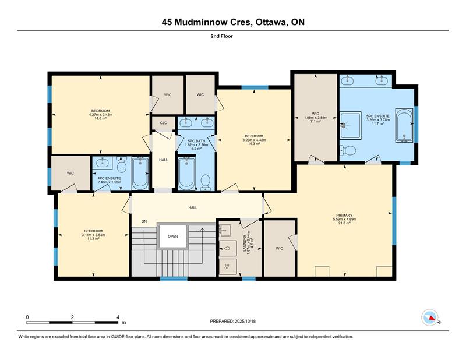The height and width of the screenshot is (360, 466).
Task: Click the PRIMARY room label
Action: coord(344,215)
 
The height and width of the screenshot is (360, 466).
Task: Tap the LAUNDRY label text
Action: coord(245,243)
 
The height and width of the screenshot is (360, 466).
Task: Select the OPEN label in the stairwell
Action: coord(172,237)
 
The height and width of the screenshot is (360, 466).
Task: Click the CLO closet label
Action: coord(164,123)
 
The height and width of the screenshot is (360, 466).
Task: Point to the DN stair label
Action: coord(144,221)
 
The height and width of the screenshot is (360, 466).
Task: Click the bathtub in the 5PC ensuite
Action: coord(404,126)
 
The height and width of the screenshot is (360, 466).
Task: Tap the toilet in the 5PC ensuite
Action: coord(348,150)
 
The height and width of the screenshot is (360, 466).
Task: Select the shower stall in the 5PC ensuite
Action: coord(351,125)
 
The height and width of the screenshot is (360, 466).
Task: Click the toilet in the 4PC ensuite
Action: coord(122,165)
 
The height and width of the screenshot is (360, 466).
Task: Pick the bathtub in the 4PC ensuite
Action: coord(140,174)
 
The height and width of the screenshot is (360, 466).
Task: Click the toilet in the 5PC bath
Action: coord(206,182)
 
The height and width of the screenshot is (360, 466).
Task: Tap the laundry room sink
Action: coord(225,230)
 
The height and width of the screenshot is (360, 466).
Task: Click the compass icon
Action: coord(430,318)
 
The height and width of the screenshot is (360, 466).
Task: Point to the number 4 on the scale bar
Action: coord(118,317)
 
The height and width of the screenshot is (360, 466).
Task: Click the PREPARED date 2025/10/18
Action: coord(245,321)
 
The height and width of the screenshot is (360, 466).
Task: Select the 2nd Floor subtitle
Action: coord(222,36)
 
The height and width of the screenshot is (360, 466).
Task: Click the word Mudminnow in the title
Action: coord(212,22)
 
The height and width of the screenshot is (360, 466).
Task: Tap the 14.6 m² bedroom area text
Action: coord(100,118)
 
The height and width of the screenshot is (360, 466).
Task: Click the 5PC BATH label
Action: coord(196,141)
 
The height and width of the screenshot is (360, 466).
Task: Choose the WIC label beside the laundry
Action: coord(280,249)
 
